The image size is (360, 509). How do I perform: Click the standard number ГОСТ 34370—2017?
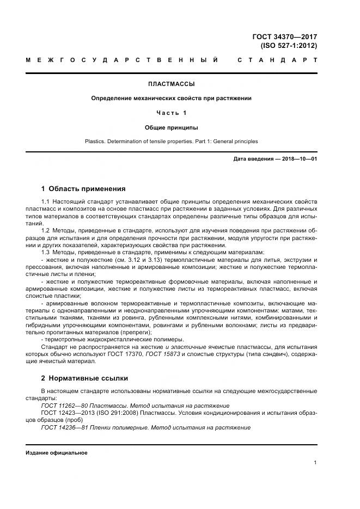284,37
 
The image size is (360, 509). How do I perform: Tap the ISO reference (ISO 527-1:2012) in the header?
288,46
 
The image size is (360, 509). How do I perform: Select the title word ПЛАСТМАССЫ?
171,84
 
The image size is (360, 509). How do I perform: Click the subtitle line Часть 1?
171,113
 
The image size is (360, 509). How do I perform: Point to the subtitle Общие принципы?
171,127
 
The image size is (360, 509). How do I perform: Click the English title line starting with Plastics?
171,142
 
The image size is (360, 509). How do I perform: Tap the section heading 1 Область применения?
83,189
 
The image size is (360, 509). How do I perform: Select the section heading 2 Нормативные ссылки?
84,378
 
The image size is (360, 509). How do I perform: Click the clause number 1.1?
46,202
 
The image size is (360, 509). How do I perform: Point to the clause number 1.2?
46,230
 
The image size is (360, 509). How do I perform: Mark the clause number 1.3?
46,252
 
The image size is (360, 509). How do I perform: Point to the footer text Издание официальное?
57,453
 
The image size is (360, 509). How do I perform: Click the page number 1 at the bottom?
315,463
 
